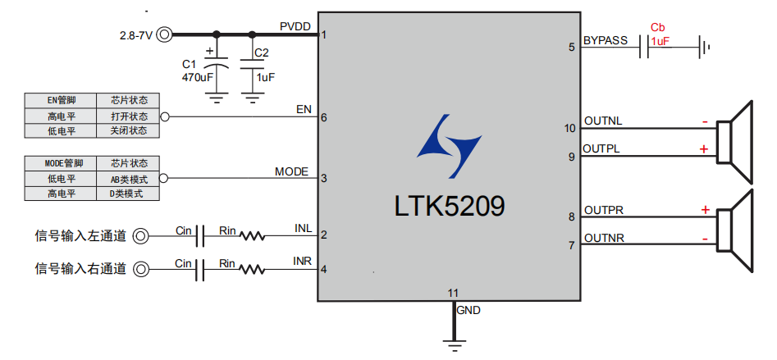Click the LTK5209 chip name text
[x=449, y=205]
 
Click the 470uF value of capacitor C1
[x=198, y=77]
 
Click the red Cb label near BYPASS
[x=657, y=27]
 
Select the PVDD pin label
[x=295, y=27]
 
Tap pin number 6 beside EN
[x=324, y=117]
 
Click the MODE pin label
[x=291, y=171]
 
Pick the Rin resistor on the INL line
[x=252, y=236]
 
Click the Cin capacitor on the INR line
[x=199, y=269]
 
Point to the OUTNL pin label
[x=603, y=121]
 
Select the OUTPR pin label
[x=603, y=211]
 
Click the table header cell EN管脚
[x=61, y=100]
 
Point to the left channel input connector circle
[x=141, y=236]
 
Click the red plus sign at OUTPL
[x=704, y=149]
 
